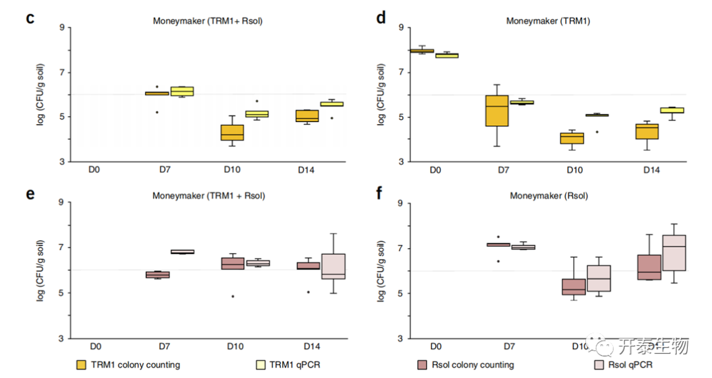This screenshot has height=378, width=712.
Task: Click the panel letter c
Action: pos(30,18)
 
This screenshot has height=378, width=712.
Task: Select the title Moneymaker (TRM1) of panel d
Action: pos(548,20)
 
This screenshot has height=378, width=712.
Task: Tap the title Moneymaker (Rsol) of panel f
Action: pos(549,196)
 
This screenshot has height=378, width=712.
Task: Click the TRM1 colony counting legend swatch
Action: pos(82,364)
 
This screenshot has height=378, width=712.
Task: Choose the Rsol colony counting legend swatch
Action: pos(423,364)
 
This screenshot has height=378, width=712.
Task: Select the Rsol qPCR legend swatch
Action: pos(600,364)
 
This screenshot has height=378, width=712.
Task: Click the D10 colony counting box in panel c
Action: pos(232,132)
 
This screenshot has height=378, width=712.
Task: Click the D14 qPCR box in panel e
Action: pos(334,267)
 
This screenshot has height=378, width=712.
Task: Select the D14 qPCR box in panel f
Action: pos(674,253)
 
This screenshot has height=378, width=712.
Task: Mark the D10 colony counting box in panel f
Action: pos(574,287)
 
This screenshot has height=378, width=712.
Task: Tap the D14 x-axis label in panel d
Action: pos(652,170)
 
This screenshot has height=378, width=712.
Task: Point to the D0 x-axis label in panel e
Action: pos(95,346)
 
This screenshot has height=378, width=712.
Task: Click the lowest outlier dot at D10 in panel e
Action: pos(232,296)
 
